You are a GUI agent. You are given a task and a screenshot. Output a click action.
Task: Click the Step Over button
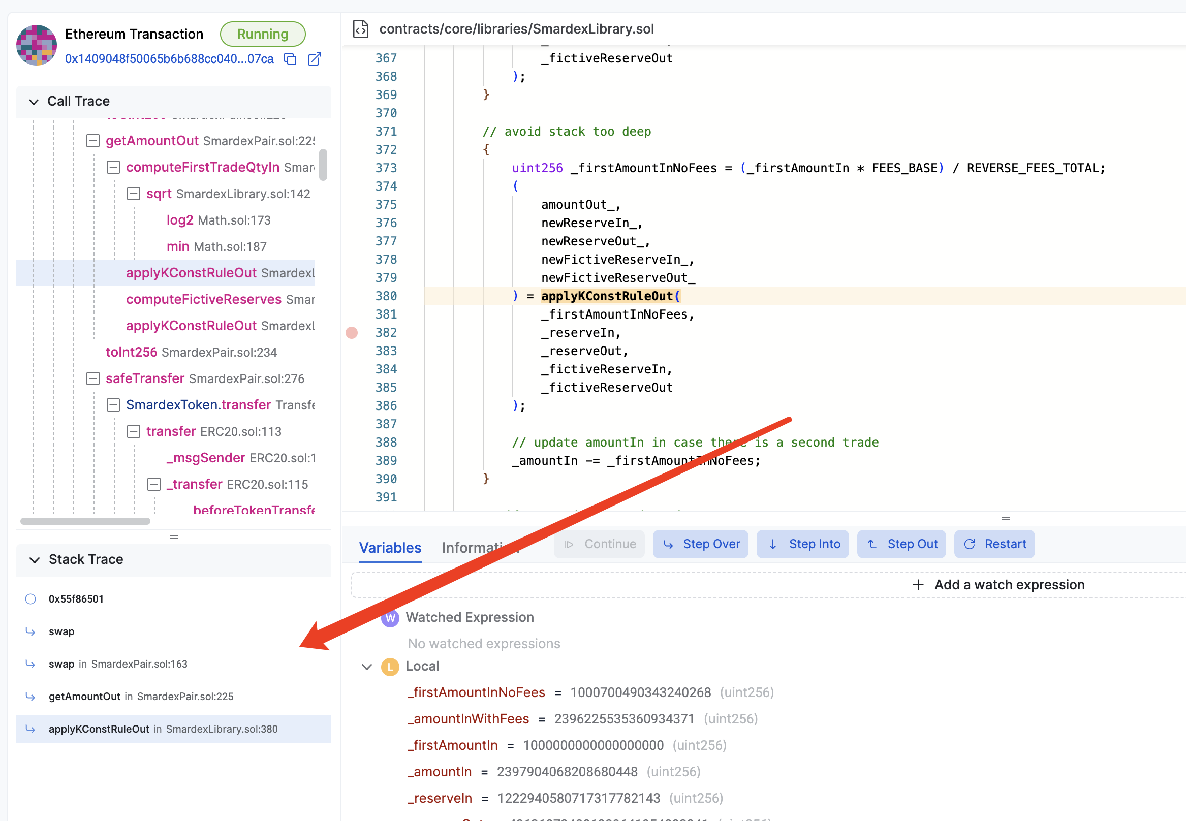pyautogui.click(x=700, y=544)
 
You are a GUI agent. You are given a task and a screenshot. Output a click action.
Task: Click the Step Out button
pyautogui.click(x=901, y=544)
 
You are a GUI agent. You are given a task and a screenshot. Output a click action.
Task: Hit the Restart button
pyautogui.click(x=994, y=544)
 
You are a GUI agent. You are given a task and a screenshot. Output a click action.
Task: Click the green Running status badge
pyautogui.click(x=262, y=34)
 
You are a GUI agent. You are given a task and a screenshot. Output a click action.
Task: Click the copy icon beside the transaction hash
pyautogui.click(x=290, y=59)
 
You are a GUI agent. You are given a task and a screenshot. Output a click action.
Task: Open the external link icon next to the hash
pyautogui.click(x=314, y=59)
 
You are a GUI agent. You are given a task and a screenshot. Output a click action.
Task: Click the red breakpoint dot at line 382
pyautogui.click(x=352, y=333)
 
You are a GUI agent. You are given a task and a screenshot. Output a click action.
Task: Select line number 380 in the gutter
pyautogui.click(x=386, y=296)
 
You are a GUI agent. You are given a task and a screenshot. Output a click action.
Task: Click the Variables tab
pyautogui.click(x=390, y=547)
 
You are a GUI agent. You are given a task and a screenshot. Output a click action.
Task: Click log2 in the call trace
pyautogui.click(x=179, y=220)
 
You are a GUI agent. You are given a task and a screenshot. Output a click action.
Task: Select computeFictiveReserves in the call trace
pyautogui.click(x=204, y=299)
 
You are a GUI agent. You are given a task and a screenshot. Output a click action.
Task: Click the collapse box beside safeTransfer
pyautogui.click(x=92, y=378)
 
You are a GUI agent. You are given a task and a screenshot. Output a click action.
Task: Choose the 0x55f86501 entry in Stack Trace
pyautogui.click(x=76, y=599)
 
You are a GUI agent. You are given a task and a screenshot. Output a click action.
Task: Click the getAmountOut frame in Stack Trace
pyautogui.click(x=85, y=696)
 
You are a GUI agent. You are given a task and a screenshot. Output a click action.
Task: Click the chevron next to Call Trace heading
pyautogui.click(x=34, y=101)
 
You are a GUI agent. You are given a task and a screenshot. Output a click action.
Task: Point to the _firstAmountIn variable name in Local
pyautogui.click(x=453, y=745)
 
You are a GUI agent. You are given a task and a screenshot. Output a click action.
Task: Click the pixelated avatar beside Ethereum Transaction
pyautogui.click(x=37, y=45)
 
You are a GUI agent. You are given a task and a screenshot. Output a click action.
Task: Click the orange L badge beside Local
pyautogui.click(x=390, y=666)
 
